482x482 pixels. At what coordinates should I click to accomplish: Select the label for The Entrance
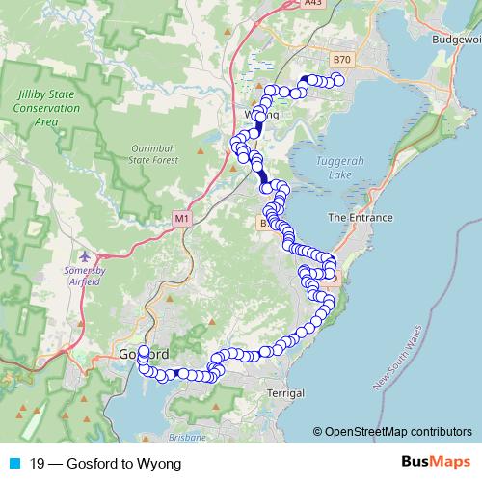(x=361, y=218)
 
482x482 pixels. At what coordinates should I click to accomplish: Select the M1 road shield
(x=182, y=220)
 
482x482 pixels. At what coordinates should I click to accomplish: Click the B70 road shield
(x=341, y=59)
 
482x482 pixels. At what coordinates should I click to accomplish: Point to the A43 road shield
(x=311, y=4)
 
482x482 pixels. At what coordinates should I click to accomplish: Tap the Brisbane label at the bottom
(x=187, y=438)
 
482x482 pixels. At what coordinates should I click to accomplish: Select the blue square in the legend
(x=10, y=464)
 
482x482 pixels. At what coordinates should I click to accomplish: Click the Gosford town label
(x=146, y=353)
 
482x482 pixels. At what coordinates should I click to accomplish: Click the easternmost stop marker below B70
(x=337, y=82)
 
